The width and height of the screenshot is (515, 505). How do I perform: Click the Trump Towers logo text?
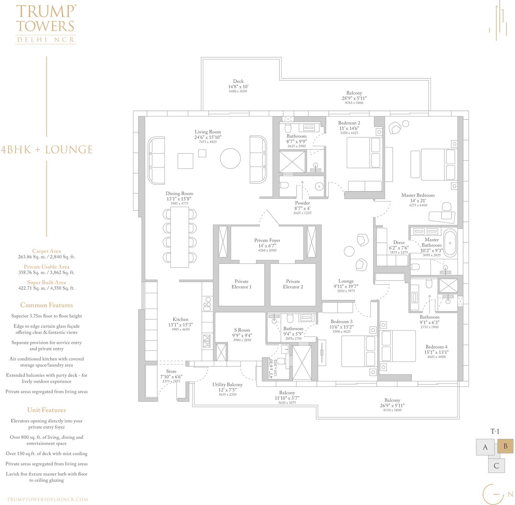tap(46, 24)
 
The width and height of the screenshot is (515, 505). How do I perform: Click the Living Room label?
tap(208, 132)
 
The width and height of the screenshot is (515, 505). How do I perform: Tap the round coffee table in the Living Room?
tap(230, 158)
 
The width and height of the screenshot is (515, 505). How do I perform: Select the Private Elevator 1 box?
tap(241, 284)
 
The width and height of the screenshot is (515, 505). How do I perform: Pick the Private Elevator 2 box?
tap(293, 284)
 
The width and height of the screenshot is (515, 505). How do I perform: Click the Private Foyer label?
tap(267, 240)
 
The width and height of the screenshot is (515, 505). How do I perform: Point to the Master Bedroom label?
tap(418, 195)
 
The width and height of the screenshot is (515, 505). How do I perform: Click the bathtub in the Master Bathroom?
tap(450, 243)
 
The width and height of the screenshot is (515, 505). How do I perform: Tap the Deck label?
tap(238, 81)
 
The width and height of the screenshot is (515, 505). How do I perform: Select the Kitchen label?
tap(181, 319)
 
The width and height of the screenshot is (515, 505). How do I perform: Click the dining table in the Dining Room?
tap(180, 237)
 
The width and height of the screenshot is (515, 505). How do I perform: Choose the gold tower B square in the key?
tap(505, 446)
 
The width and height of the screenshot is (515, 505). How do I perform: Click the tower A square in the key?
tap(485, 447)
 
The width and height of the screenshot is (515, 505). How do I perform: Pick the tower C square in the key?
tap(496, 466)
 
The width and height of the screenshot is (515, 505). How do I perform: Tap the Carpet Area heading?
tap(46, 251)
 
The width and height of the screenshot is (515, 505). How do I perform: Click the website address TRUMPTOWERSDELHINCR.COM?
tap(47, 500)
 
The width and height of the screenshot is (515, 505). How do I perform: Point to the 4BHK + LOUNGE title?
tap(47, 150)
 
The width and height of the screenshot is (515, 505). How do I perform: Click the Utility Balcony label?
tap(227, 385)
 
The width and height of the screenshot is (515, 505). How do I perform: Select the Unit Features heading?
tap(46, 410)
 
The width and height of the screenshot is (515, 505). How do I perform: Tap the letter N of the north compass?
tap(510, 495)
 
